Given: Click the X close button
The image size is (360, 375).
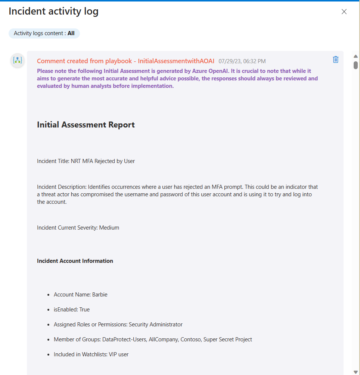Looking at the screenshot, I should [344, 12].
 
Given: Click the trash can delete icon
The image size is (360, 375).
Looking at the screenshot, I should [335, 59].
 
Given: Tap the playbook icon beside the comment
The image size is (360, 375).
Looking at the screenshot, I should [18, 60].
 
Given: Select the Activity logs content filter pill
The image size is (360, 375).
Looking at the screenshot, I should [44, 33].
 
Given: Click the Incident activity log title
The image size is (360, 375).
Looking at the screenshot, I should [53, 11].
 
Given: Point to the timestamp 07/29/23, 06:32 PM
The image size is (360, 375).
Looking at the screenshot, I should [242, 61].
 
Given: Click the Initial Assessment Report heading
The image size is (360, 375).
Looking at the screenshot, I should [86, 125].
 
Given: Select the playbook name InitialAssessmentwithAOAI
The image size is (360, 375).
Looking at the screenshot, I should [176, 61].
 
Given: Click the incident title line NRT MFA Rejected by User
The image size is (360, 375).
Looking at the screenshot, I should [86, 161].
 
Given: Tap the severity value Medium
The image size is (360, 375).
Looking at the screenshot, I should [109, 227].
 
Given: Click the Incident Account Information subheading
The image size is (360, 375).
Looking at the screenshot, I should [75, 261].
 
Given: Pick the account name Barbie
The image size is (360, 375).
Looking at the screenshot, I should [100, 295].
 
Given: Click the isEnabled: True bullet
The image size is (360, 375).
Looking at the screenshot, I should [72, 310].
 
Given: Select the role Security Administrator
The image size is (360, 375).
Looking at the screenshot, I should [156, 325].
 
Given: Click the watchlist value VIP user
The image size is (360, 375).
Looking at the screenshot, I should [119, 354].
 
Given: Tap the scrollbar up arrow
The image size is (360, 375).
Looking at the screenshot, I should [356, 56].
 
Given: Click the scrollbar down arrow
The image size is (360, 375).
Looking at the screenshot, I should [356, 372].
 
